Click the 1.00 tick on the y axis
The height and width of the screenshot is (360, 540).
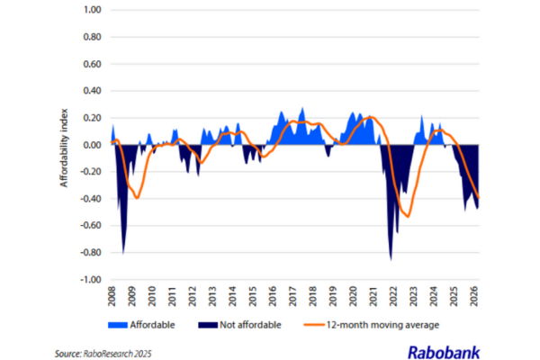coord(90,10)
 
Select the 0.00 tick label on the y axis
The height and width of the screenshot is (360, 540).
coord(90,145)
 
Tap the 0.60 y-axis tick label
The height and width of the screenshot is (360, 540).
coord(90,64)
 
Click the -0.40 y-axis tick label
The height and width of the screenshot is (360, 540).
coord(88,199)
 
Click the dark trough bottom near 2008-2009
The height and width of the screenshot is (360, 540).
coord(123,253)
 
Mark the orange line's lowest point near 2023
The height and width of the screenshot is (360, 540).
coord(408,216)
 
